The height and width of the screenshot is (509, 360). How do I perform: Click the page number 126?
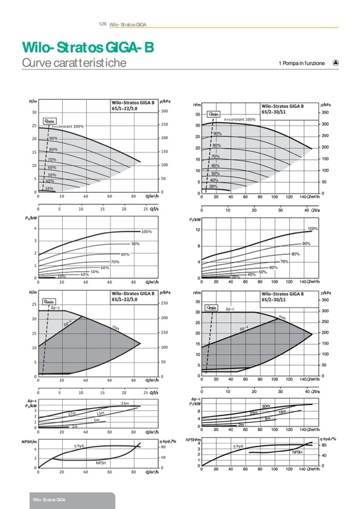(103, 24)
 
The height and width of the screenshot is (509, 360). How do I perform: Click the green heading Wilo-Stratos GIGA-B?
(88, 48)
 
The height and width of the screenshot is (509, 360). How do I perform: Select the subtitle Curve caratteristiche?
(74, 63)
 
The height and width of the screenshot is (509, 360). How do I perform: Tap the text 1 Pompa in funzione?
(301, 64)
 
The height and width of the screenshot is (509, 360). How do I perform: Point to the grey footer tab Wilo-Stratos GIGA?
(49, 500)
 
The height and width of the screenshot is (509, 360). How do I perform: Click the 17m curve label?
(72, 413)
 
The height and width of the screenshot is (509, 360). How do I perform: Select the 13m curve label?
(100, 413)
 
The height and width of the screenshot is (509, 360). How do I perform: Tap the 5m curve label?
(97, 420)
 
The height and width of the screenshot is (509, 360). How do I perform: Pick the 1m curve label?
(75, 426)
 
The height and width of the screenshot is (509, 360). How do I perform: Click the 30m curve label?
(266, 407)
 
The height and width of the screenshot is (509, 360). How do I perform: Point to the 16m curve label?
(282, 412)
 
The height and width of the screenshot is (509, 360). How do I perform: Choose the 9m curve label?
(268, 419)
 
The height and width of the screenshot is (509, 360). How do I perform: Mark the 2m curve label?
(241, 425)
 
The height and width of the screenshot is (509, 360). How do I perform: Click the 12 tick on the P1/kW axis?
(198, 230)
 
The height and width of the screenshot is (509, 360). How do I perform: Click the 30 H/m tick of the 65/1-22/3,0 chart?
(33, 112)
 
